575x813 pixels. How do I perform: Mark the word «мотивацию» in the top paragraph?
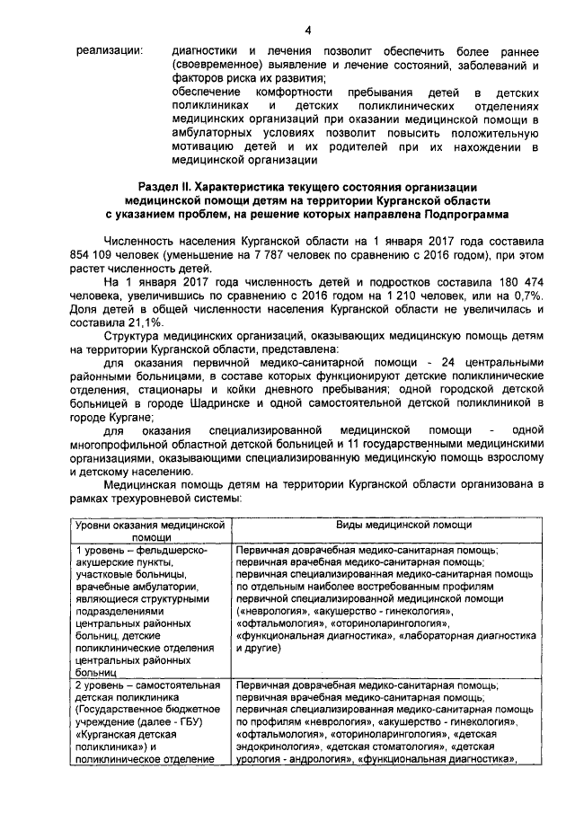[x=203, y=147]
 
